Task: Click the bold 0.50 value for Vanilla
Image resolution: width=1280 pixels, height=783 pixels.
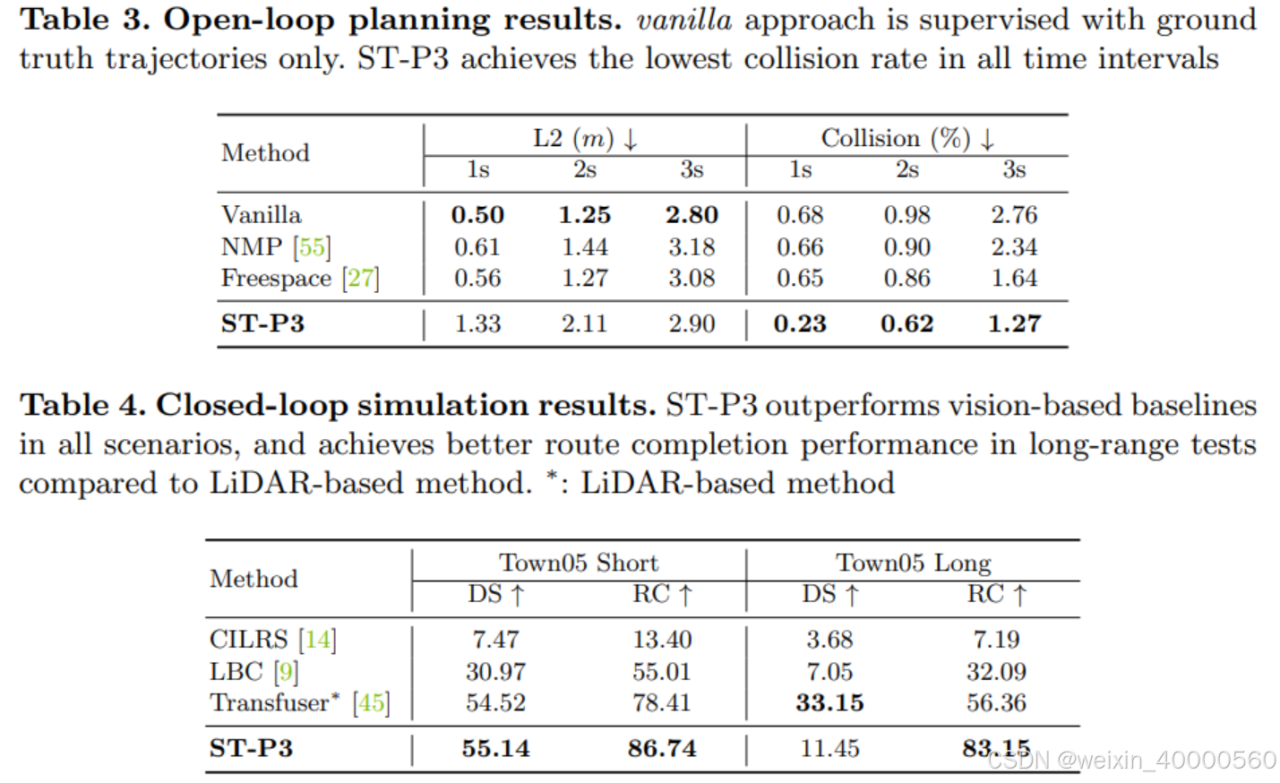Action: click(477, 215)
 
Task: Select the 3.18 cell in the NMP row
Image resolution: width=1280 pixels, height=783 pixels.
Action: click(692, 246)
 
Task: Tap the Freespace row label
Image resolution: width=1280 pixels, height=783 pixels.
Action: click(276, 279)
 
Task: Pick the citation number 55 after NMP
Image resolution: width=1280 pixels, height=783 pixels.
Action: click(312, 246)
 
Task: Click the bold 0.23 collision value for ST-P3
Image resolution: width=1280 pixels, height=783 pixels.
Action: click(799, 323)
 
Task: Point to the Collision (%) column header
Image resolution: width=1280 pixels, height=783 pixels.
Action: click(906, 138)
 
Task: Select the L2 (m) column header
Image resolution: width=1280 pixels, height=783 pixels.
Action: click(584, 138)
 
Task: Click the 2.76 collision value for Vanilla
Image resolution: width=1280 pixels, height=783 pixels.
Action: click(1014, 215)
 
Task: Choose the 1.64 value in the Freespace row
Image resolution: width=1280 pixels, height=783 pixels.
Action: click(1014, 279)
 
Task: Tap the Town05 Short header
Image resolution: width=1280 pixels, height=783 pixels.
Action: click(579, 563)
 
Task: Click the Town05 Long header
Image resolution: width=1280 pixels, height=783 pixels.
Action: click(913, 563)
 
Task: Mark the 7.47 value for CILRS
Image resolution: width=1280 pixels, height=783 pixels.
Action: click(495, 640)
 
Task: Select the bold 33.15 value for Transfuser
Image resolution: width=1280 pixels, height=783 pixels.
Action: click(829, 703)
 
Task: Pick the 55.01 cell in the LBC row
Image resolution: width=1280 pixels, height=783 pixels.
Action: click(662, 672)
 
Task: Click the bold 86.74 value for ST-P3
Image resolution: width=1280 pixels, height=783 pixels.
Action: click(662, 748)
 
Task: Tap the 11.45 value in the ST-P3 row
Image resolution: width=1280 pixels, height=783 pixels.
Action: click(829, 748)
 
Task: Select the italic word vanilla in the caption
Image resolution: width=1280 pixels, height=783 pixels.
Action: click(684, 20)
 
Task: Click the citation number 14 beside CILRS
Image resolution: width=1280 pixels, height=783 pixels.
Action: click(317, 640)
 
